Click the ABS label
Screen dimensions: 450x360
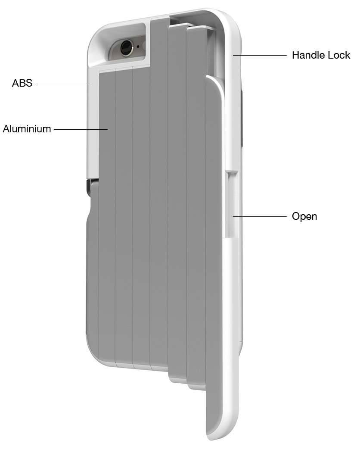pyautogui.click(x=22, y=83)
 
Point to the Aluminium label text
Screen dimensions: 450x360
pyautogui.click(x=27, y=128)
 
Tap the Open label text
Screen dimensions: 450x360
pyautogui.click(x=304, y=216)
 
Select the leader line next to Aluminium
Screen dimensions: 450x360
pyautogui.click(x=81, y=128)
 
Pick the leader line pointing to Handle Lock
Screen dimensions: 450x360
pyautogui.click(x=260, y=55)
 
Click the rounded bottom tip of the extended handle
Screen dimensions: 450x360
pyautogui.click(x=220, y=433)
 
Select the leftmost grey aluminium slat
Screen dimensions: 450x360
pyautogui.click(x=107, y=216)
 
